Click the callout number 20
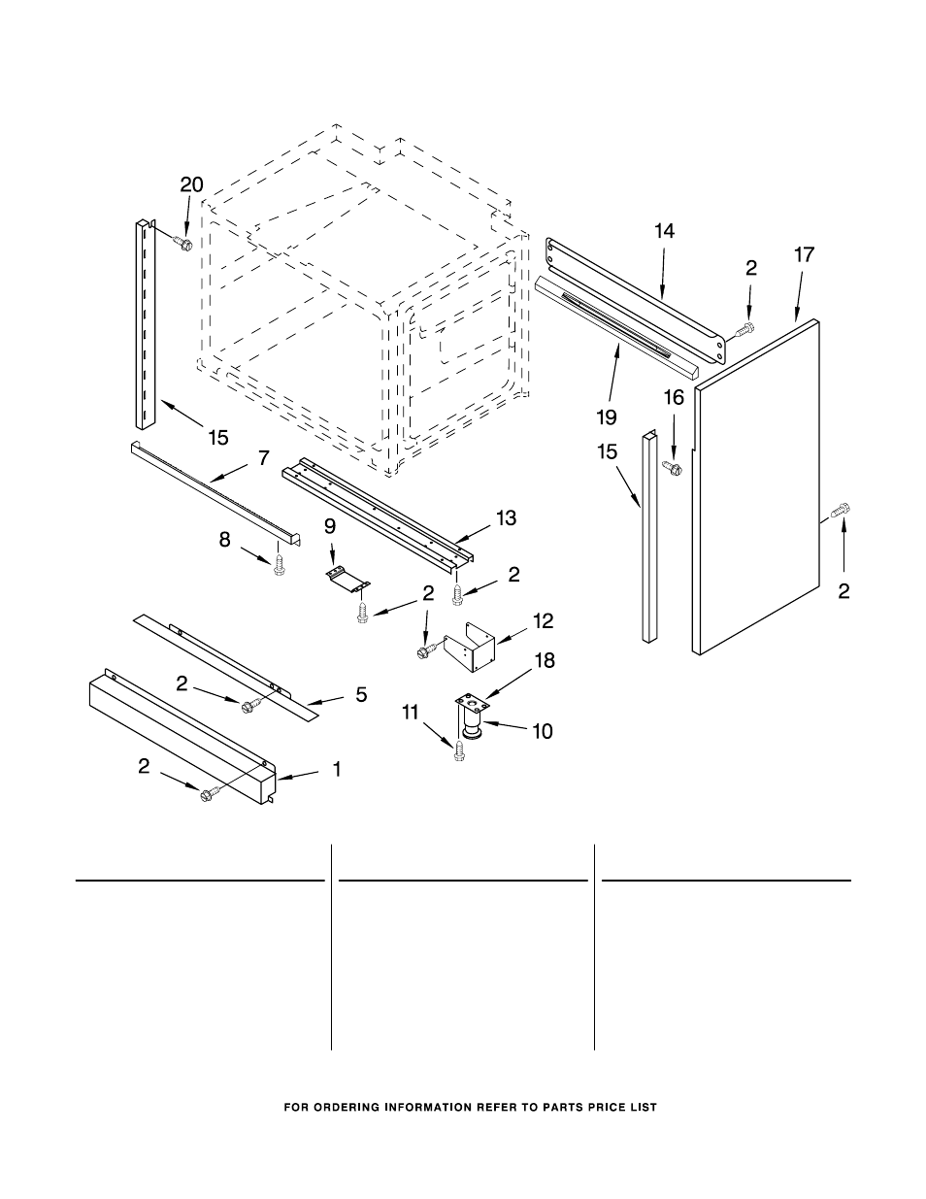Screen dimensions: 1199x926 tap(192, 184)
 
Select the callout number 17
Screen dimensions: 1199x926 tap(804, 255)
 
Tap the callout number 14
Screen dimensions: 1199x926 tap(664, 231)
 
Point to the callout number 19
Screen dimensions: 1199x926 tap(607, 416)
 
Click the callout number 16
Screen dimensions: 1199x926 tap(674, 396)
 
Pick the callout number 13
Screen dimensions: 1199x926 tap(507, 518)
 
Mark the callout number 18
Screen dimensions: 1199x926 tap(545, 660)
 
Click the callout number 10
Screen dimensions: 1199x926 tap(542, 730)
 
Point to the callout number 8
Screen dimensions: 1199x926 tap(225, 540)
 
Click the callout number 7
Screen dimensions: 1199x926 tap(263, 456)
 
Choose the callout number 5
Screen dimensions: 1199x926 tap(361, 694)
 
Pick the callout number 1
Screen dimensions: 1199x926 tap(337, 770)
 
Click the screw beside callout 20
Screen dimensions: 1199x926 tap(182, 242)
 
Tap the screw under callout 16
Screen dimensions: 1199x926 tap(672, 469)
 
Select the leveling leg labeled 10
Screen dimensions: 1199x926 tap(473, 721)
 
